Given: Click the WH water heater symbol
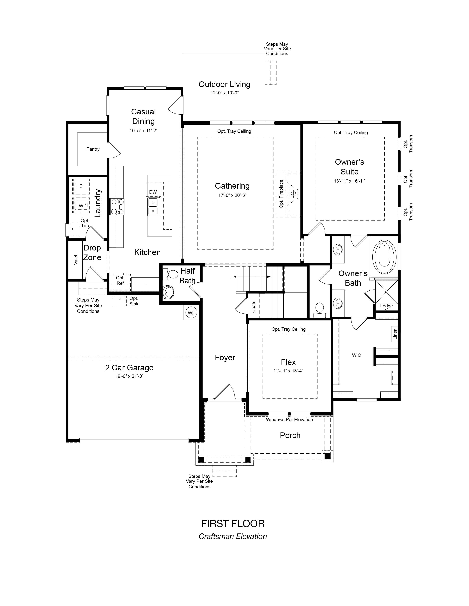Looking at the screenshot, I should click(191, 313).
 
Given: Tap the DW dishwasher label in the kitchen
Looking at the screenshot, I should click(153, 192).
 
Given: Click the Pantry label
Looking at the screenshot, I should click(93, 149).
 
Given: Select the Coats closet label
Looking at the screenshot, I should click(253, 307).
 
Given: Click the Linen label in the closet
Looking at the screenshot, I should click(395, 334).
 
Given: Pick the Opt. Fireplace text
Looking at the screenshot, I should click(281, 194).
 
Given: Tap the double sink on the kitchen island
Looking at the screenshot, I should click(153, 207).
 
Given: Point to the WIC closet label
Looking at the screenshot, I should click(356, 355).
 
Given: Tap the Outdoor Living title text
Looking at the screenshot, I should click(224, 84).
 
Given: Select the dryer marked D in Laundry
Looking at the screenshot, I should click(81, 186).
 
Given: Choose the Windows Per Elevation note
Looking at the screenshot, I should click(289, 420).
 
